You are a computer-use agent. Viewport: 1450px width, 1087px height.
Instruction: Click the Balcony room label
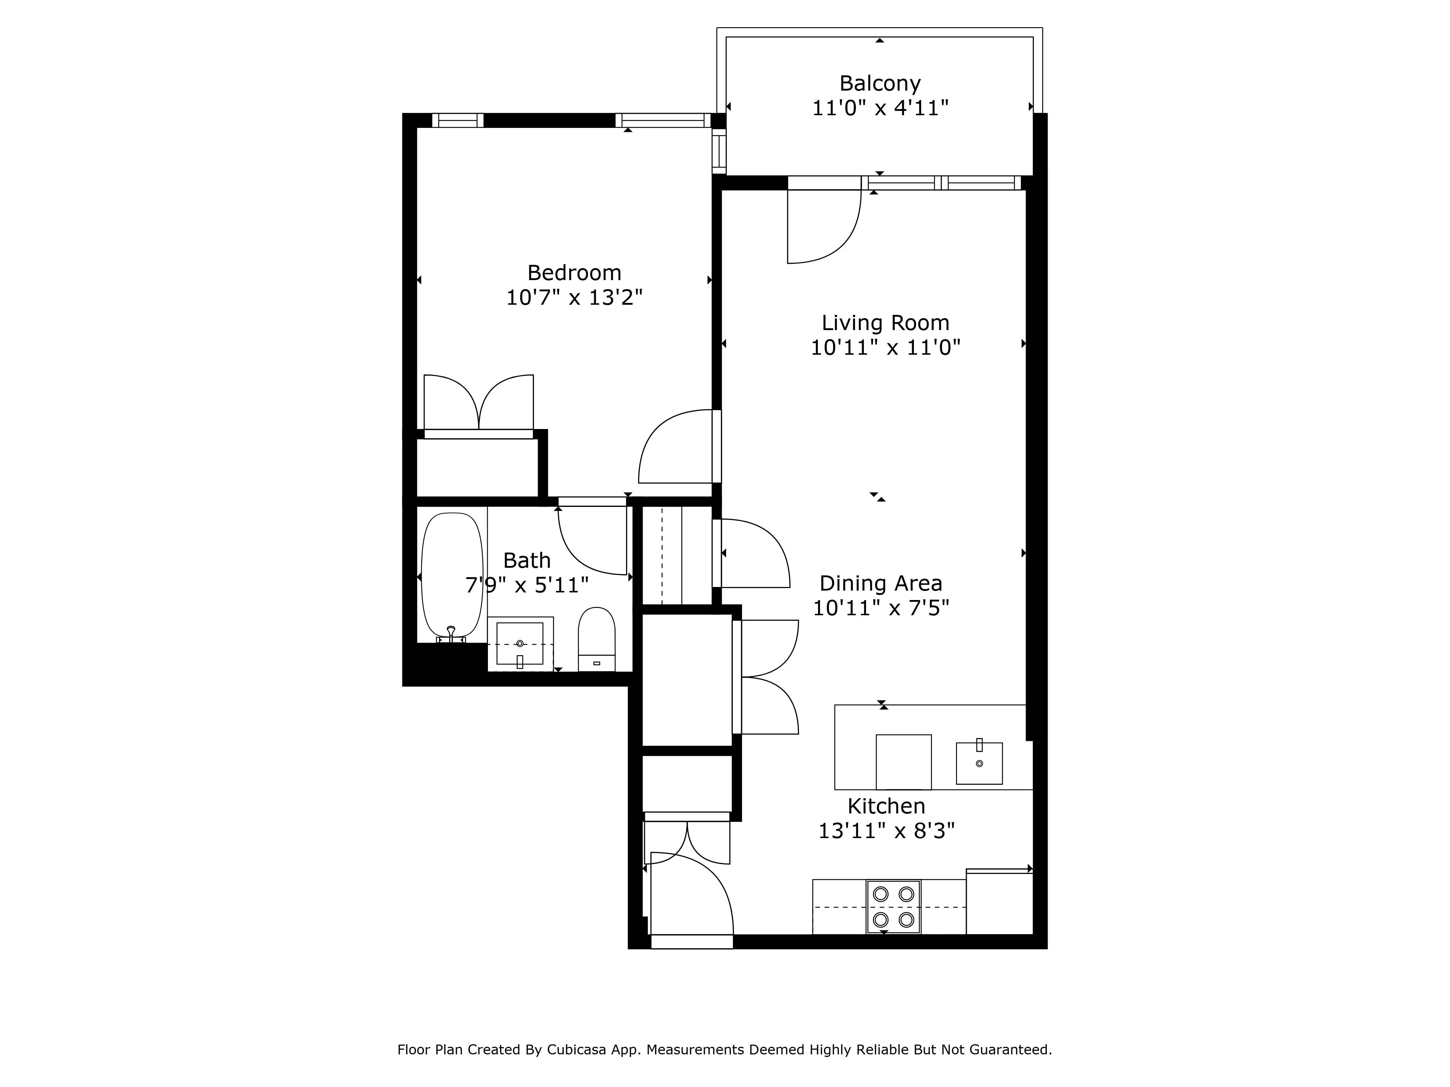[x=880, y=83]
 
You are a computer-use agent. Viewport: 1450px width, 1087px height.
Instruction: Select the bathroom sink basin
[x=520, y=644]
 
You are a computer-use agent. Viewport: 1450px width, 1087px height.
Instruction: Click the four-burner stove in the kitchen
[x=894, y=907]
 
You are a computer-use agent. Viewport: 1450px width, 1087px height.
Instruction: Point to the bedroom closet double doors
[x=478, y=403]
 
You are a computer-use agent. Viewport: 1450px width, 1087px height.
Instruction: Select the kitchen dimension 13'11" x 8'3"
[x=886, y=831]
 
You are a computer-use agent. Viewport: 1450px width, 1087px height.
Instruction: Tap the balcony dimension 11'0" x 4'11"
[x=880, y=108]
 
